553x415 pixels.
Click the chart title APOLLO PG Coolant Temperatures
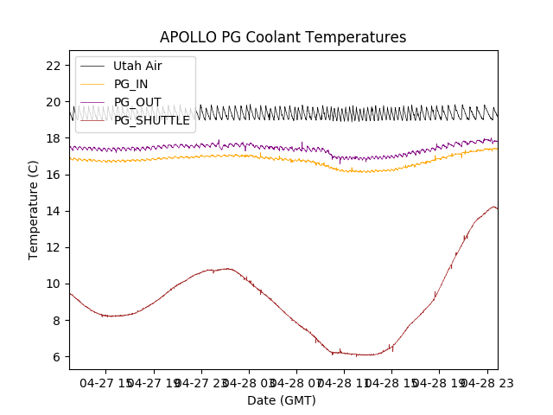point(283,37)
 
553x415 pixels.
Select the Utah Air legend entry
point(137,66)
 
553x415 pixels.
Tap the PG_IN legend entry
point(130,84)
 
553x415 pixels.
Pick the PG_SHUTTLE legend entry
point(151,120)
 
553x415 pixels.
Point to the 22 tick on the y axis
point(53,66)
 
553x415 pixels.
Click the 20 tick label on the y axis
point(53,102)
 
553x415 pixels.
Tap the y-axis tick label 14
point(53,211)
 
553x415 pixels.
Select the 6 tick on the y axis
point(56,356)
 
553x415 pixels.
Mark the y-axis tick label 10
point(53,284)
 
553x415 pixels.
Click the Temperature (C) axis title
point(34,210)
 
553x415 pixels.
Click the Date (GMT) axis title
point(282,400)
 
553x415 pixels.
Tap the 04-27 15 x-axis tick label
point(106,382)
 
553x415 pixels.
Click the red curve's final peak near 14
point(493,207)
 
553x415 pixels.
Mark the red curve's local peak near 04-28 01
point(227,268)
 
